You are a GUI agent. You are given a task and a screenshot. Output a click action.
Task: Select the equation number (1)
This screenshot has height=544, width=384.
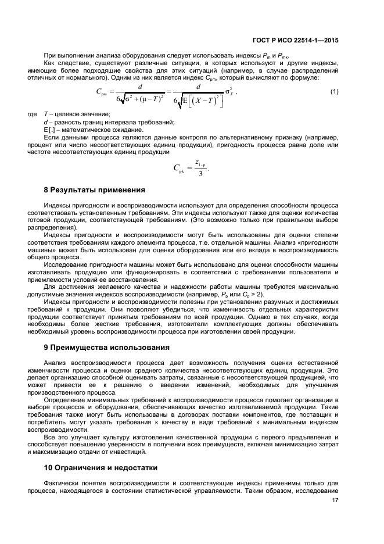point(334,92)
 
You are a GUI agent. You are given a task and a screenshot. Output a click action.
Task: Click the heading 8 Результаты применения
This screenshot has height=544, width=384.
point(95,190)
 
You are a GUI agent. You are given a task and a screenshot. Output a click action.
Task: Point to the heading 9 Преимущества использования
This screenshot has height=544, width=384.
point(107,348)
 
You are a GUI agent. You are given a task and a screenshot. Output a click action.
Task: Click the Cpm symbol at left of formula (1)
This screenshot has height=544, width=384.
point(105,92)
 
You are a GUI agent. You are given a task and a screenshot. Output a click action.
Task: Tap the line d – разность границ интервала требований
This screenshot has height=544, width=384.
point(109,122)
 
